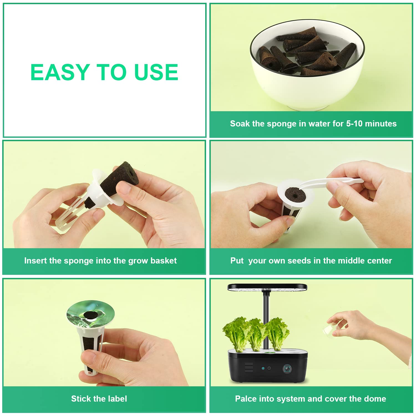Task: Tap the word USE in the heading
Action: [156, 72]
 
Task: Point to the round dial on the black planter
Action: [287, 369]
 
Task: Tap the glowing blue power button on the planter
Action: [263, 369]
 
